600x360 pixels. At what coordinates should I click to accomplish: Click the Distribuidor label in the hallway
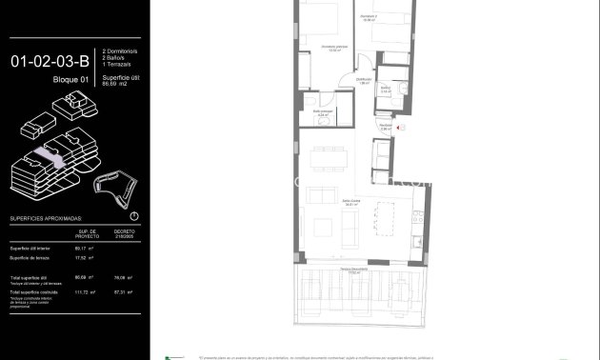point(364,82)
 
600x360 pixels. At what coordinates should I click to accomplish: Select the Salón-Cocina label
point(351,203)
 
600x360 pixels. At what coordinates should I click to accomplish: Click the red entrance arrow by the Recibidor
point(402,127)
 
